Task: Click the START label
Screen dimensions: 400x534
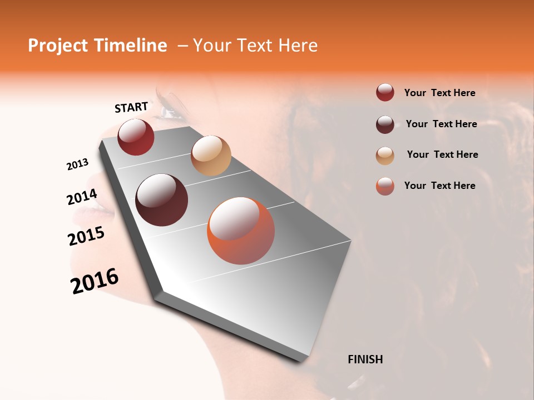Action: click(x=131, y=107)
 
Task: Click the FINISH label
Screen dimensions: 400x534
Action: click(x=365, y=359)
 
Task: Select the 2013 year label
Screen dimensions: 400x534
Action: click(x=77, y=164)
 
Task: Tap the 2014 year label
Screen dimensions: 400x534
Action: click(x=82, y=197)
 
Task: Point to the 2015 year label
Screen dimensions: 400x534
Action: click(x=86, y=236)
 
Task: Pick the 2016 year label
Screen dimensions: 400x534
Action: click(x=95, y=281)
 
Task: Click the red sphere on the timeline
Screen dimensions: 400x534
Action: click(x=136, y=137)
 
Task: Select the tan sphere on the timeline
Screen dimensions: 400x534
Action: click(x=211, y=156)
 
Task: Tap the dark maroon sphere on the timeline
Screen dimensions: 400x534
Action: click(x=161, y=200)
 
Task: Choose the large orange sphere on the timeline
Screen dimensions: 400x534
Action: click(x=241, y=231)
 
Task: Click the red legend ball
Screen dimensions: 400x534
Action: click(x=385, y=93)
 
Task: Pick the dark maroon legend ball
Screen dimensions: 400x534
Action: click(x=385, y=124)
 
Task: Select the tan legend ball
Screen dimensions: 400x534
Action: click(x=385, y=156)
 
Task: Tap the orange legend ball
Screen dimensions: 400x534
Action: click(x=385, y=186)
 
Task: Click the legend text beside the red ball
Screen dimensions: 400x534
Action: click(x=440, y=93)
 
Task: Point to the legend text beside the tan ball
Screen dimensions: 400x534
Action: click(x=442, y=154)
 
